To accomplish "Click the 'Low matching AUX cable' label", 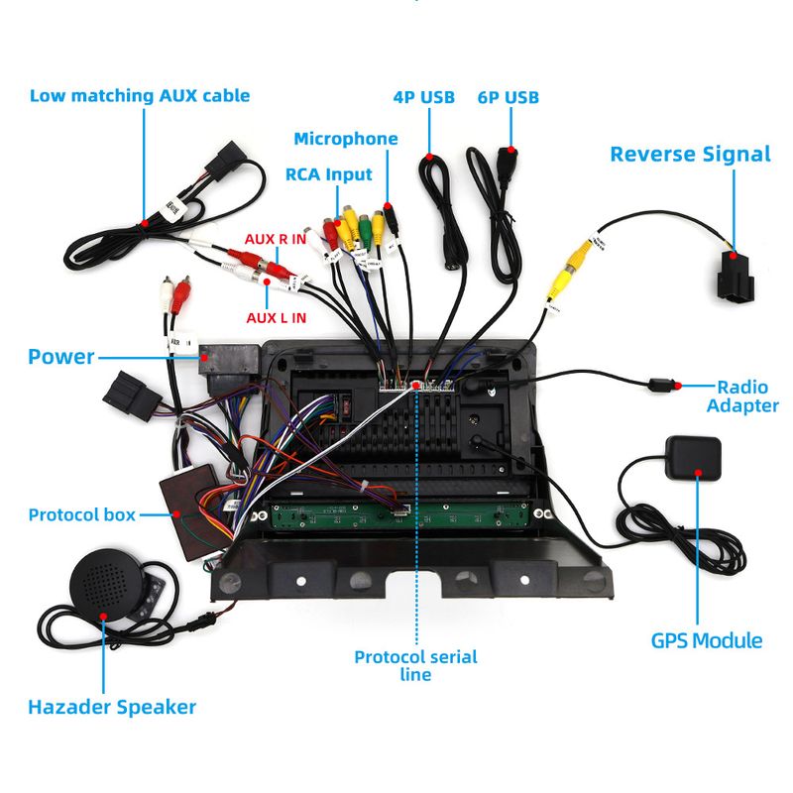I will click(139, 96).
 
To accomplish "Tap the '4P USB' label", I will click(423, 97).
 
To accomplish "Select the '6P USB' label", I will click(508, 97).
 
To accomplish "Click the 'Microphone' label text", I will click(345, 139).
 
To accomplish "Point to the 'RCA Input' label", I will click(328, 174).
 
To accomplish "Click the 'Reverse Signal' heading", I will click(690, 154).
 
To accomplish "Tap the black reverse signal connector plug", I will click(734, 279).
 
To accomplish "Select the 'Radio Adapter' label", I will click(748, 396).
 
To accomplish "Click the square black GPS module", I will click(694, 457).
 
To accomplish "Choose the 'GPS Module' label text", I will click(707, 640).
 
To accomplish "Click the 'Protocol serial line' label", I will click(415, 665).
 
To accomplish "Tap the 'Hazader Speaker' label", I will click(111, 707).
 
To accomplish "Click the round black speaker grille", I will click(106, 585).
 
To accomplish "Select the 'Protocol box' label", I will click(81, 514).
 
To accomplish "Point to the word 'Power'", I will click(60, 357).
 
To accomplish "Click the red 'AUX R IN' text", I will click(276, 240).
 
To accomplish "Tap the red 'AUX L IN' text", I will click(276, 317).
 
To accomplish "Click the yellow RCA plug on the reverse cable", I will click(573, 269).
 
